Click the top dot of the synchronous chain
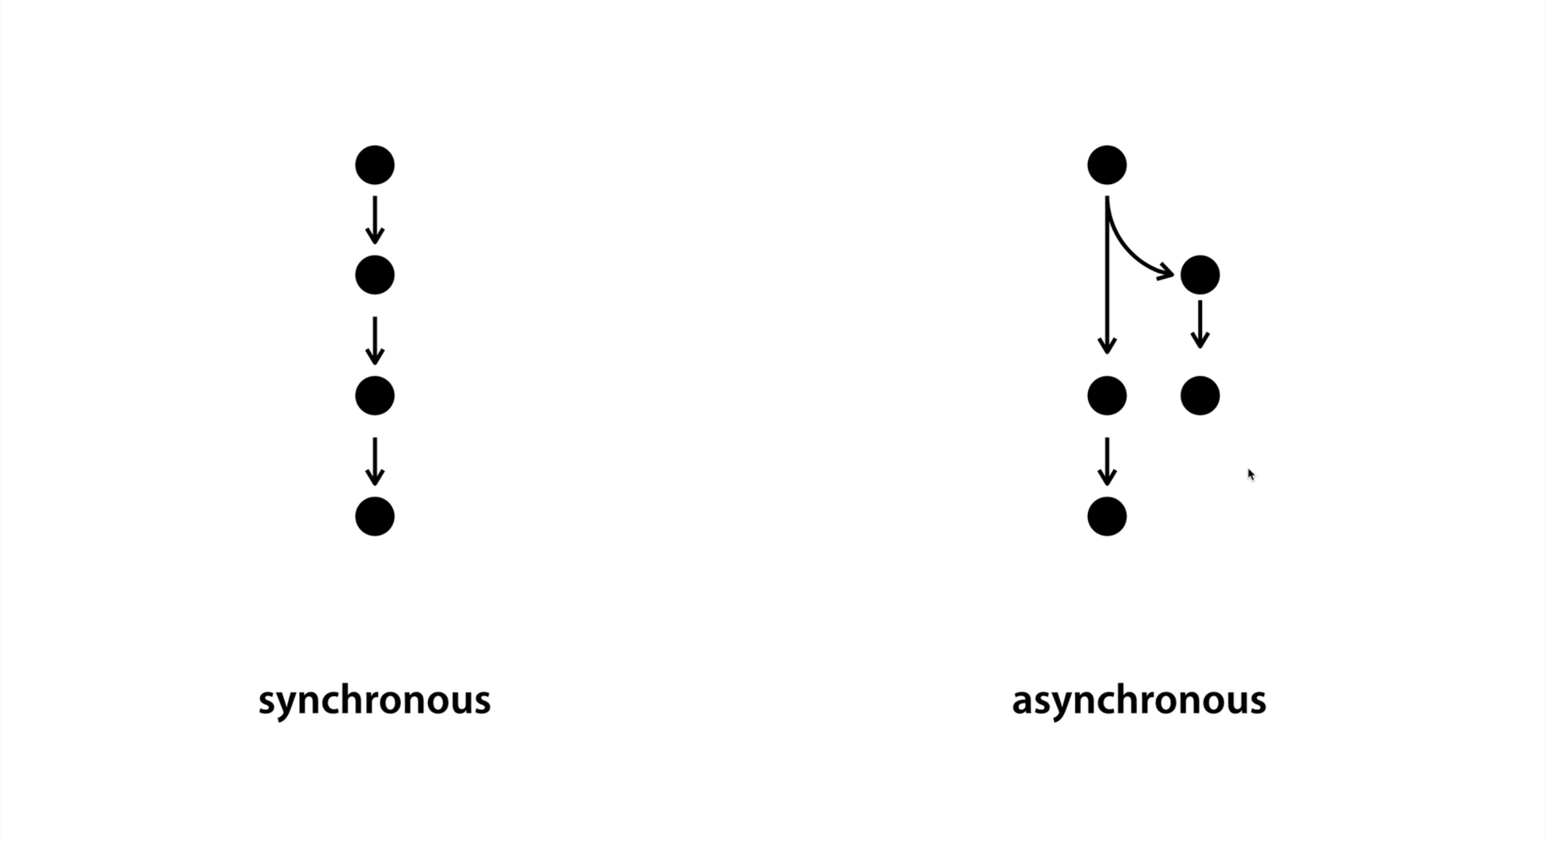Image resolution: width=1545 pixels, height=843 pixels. click(374, 165)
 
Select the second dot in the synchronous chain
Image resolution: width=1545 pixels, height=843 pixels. click(374, 275)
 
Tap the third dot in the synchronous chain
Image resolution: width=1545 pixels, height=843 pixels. click(374, 396)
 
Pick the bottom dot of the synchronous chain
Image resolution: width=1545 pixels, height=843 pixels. click(374, 516)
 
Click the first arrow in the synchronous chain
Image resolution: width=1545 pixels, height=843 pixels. click(374, 220)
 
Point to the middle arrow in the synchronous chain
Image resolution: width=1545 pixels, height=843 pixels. click(374, 341)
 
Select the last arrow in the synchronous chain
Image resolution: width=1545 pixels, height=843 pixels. click(374, 461)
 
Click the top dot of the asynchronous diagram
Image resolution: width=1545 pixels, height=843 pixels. click(1106, 165)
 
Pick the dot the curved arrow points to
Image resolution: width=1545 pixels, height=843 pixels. click(1199, 275)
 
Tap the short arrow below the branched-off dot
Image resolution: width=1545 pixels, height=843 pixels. click(1199, 325)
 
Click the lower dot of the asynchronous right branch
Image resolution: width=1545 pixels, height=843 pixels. click(1199, 396)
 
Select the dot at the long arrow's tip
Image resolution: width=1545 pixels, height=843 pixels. click(1106, 396)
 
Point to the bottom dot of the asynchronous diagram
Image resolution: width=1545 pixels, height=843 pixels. click(1106, 516)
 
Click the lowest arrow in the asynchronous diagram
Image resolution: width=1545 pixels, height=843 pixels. click(1106, 461)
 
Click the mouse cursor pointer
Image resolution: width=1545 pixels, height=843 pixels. click(1251, 475)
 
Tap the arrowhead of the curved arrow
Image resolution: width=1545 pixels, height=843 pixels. click(1166, 271)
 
